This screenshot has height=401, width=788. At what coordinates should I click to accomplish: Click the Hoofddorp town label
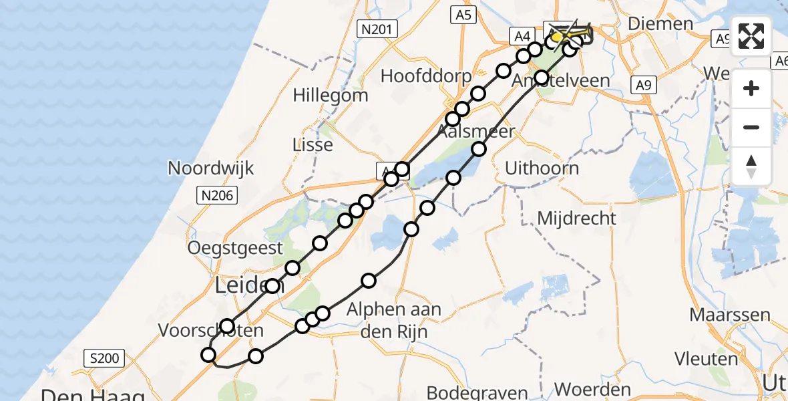coord(426,76)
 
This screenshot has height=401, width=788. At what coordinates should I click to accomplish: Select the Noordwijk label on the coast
coord(211,168)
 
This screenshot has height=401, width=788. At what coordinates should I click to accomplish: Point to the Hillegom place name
coord(331,95)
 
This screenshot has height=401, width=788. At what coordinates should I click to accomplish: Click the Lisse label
coord(313,144)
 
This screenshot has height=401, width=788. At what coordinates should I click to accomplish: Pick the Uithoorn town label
coord(542,168)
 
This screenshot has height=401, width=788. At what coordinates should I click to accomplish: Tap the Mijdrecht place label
coord(578,218)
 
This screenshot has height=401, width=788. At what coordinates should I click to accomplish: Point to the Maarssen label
coord(731,314)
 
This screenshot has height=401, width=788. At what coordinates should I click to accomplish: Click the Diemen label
coord(660,23)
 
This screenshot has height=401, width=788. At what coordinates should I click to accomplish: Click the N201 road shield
coord(377,29)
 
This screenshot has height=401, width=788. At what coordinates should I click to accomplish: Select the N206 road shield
coord(216,194)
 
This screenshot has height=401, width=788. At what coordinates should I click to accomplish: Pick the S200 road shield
coord(105,358)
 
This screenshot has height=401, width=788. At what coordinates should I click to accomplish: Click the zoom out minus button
coord(751,127)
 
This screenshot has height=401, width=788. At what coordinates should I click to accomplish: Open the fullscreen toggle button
coord(751,36)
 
